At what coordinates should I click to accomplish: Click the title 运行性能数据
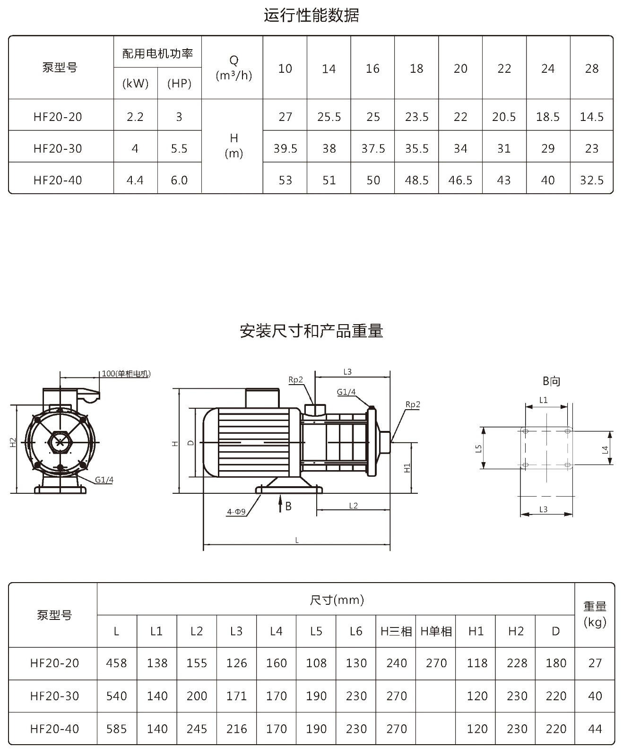click(x=311, y=15)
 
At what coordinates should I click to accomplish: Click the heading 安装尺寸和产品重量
click(x=311, y=331)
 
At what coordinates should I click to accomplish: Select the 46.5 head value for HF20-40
click(x=460, y=180)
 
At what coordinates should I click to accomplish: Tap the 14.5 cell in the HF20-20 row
click(x=592, y=117)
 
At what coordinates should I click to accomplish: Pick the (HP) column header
click(x=179, y=84)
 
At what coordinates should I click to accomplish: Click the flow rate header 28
click(x=592, y=69)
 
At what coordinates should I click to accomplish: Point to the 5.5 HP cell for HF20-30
click(x=179, y=148)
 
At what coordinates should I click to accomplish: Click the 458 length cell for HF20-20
click(x=116, y=663)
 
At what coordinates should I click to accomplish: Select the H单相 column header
click(x=436, y=631)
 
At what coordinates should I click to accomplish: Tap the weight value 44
click(x=595, y=729)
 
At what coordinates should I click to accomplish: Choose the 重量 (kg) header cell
click(x=595, y=614)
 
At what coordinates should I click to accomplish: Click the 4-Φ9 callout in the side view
click(x=236, y=512)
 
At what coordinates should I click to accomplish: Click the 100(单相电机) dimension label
click(x=126, y=374)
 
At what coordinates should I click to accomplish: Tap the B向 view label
click(x=551, y=381)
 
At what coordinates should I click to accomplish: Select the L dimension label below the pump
click(x=297, y=540)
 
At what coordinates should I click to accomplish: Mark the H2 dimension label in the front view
click(x=13, y=443)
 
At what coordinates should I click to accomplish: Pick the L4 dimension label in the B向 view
click(x=605, y=449)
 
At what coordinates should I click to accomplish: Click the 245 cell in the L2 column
click(x=197, y=729)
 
